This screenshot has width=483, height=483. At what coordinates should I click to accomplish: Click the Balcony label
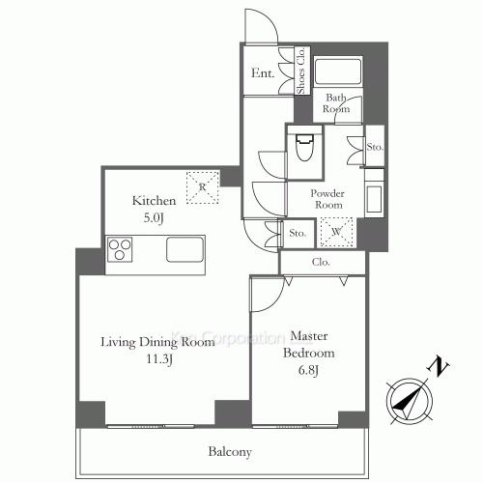pos(229,451)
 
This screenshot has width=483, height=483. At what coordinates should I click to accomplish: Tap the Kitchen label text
pos(154,201)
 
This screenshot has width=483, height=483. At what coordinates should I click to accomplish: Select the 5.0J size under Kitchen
pos(154,217)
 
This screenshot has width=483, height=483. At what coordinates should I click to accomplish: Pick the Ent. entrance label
pos(262,73)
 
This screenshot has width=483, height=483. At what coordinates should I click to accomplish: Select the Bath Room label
pos(336,102)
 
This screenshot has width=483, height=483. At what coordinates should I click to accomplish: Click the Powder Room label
pos(327,199)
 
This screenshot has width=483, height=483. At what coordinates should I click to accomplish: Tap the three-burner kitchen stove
pos(122,252)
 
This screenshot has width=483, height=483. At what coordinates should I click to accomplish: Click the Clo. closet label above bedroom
pos(321,262)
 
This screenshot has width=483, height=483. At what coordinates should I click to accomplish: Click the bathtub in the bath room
pos(339,72)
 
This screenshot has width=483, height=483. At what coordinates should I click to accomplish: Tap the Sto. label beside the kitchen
pos(298,233)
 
